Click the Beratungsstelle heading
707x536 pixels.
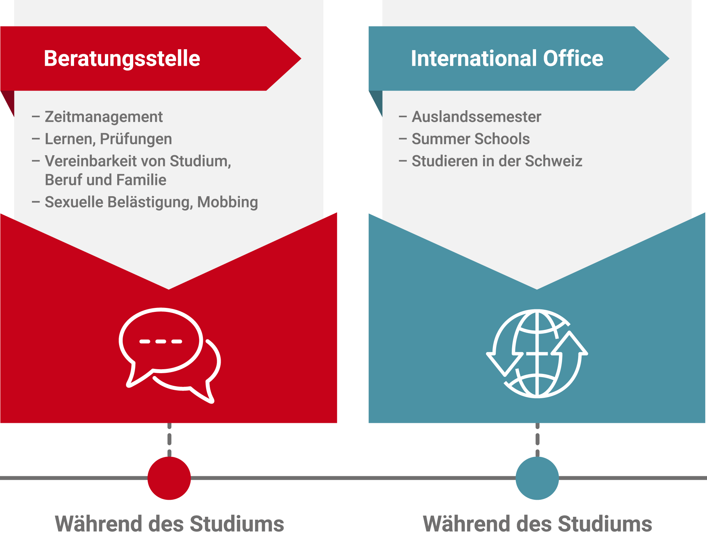(x=122, y=59)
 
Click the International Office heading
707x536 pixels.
(x=507, y=58)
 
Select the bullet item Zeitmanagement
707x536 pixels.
(x=104, y=117)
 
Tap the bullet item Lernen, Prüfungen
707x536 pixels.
(x=108, y=139)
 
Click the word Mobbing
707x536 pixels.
(x=228, y=202)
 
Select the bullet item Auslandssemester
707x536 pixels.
(x=477, y=117)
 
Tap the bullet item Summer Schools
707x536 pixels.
(x=471, y=139)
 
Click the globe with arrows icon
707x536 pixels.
(x=537, y=354)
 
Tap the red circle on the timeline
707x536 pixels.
(x=169, y=478)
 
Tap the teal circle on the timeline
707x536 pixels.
(x=537, y=478)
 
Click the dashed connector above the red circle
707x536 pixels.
(x=169, y=440)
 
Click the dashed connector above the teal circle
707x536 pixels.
(x=538, y=440)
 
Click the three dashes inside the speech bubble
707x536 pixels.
(x=161, y=341)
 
